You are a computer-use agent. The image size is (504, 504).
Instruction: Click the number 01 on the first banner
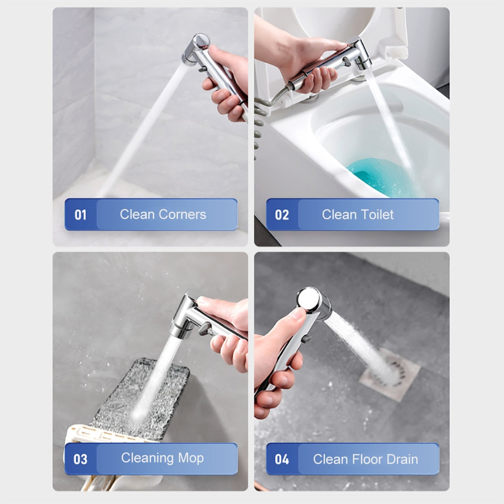80,215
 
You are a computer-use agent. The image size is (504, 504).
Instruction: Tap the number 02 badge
282,215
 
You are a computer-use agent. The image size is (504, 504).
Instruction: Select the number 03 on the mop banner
80,459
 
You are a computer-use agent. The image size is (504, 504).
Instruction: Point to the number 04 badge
282,459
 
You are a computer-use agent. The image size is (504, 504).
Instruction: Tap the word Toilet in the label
376,214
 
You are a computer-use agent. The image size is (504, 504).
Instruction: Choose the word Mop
191,458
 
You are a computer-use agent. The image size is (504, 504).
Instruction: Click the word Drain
402,459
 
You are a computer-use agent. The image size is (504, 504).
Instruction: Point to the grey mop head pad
142,399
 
